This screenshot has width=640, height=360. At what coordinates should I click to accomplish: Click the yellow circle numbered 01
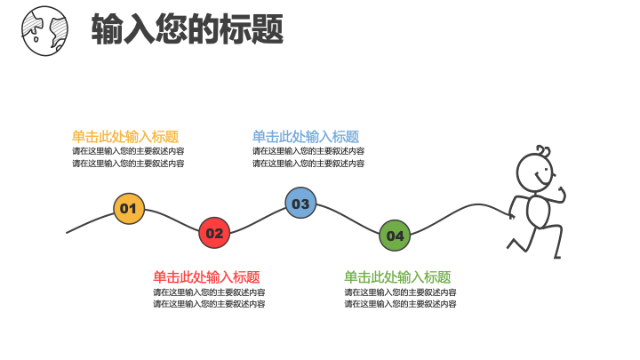coord(129,209)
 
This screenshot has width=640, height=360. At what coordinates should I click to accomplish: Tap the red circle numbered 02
coord(214,233)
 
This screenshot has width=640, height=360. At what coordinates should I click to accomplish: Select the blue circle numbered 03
coord(300,203)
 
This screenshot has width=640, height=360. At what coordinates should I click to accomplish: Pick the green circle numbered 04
coord(395,236)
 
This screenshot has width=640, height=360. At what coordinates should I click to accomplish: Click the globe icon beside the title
coord(45,30)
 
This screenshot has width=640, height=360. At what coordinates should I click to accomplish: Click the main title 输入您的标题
coord(188,28)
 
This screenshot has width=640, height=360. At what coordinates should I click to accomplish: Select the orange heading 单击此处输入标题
coord(125,136)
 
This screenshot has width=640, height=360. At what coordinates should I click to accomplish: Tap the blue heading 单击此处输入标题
coord(306,136)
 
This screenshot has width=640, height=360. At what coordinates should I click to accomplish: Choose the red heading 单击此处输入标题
coord(206,277)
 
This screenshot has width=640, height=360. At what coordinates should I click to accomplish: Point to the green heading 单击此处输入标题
coord(397,277)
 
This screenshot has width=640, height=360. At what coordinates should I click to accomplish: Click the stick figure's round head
coord(535,172)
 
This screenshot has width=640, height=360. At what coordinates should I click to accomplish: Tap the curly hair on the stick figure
coord(543,150)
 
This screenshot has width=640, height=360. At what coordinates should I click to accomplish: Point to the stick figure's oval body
coord(539,212)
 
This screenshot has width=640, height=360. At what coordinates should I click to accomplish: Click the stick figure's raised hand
coord(563,194)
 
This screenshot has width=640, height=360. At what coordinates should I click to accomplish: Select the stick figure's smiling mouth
coord(540,179)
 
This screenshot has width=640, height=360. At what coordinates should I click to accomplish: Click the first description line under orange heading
coord(128,151)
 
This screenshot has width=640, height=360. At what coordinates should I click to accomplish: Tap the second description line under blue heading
coord(308,164)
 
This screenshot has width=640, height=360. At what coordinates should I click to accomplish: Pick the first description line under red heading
coord(209,292)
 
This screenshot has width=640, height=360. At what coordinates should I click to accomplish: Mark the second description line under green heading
coord(400,304)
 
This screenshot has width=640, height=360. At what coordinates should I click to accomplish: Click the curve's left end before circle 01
coord(67,233)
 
